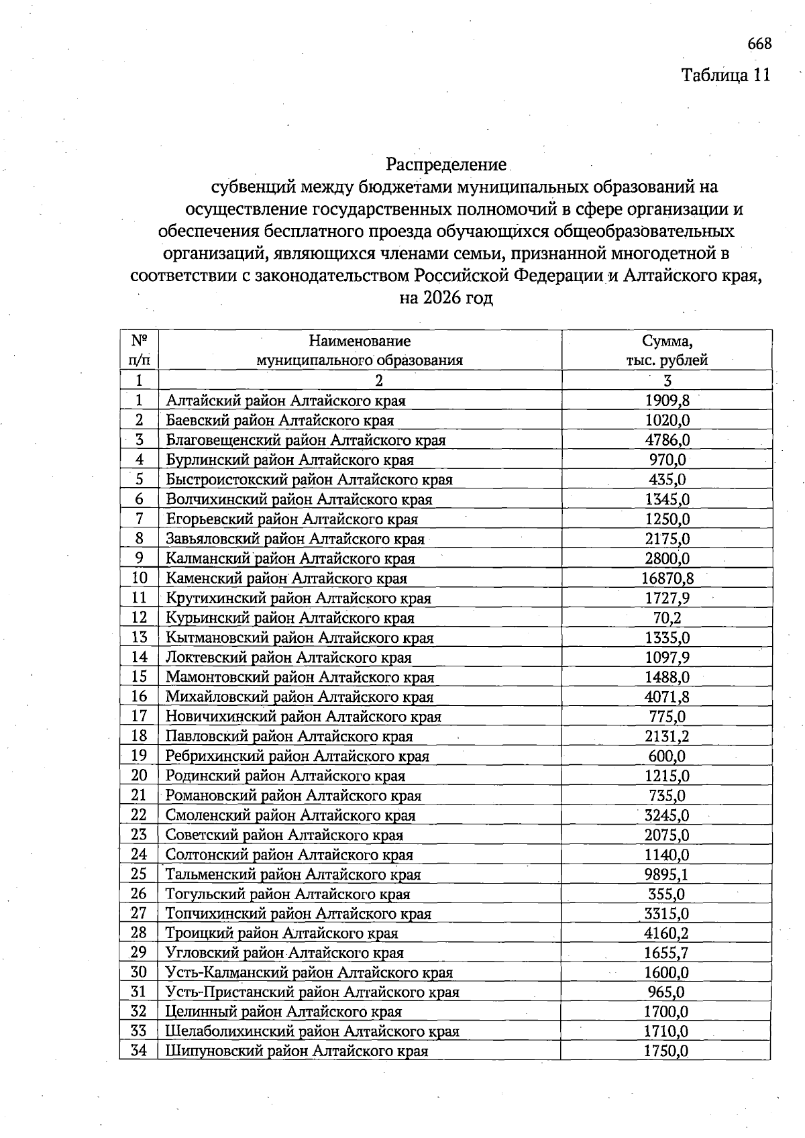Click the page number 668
759,44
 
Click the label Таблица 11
725,74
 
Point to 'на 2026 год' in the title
446,297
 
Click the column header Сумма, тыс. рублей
667,350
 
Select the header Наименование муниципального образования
360,350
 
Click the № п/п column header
139,350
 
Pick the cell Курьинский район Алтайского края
290,618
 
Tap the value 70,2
667,618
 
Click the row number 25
139,874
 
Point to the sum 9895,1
667,874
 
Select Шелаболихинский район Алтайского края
312,1031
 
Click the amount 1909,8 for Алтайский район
667,401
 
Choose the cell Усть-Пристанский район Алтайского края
312,992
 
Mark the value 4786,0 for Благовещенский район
667,440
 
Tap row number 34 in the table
139,1051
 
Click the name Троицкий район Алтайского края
282,933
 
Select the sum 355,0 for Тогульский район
667,894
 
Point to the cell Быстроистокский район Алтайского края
309,480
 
